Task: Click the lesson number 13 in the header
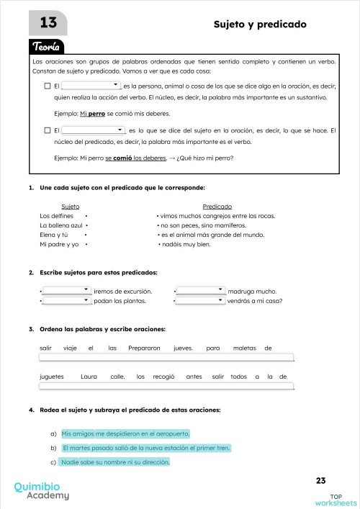click(48, 24)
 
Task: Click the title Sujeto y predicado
click(260, 24)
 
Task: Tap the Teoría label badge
click(50, 47)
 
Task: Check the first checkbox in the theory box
click(47, 86)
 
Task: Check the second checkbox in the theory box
click(47, 130)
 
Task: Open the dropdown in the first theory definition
click(91, 86)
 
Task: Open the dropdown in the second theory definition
click(94, 130)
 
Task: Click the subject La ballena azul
click(61, 225)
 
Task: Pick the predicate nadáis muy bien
click(185, 245)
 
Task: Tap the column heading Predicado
click(217, 206)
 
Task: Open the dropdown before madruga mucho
click(200, 291)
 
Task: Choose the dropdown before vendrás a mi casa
click(200, 301)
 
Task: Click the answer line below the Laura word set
click(166, 386)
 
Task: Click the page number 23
click(320, 480)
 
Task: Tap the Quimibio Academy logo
click(42, 490)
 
